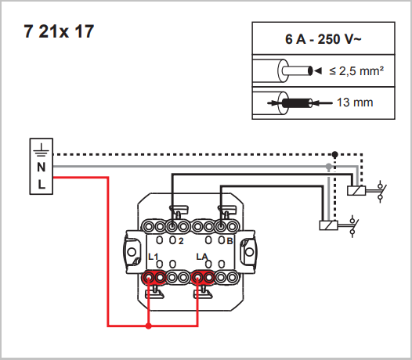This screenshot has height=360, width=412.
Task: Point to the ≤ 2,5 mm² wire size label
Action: tap(356, 71)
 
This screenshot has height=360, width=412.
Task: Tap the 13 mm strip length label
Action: tap(353, 102)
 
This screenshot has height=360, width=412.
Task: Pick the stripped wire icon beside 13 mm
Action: tap(295, 102)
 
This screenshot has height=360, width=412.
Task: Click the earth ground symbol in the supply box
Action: tap(41, 149)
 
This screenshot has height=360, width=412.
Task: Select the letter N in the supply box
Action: tap(41, 167)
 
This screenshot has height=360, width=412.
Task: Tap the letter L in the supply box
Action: tap(41, 185)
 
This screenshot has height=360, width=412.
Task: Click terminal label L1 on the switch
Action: tap(153, 257)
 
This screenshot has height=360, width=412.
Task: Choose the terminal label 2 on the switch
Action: tap(180, 240)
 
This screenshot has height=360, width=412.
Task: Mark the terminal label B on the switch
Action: tap(229, 240)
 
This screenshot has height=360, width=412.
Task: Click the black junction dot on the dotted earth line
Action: tap(335, 154)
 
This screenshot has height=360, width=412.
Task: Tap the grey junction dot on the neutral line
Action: tap(329, 167)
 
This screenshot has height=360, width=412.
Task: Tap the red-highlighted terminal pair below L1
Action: tap(154, 276)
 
